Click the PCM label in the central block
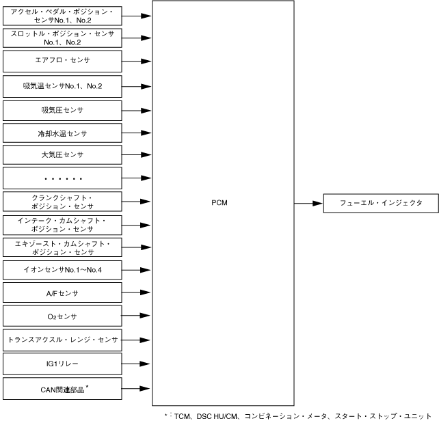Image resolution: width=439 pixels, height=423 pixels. (x=219, y=203)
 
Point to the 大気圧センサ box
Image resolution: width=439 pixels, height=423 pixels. (x=62, y=154)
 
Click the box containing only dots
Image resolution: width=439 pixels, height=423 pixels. (x=62, y=178)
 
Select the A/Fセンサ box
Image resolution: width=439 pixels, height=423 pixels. (x=62, y=293)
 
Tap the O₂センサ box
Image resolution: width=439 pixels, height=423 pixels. (x=62, y=316)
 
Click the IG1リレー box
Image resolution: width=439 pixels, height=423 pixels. (x=62, y=364)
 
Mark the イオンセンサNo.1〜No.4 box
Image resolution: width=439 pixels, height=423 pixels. (x=62, y=270)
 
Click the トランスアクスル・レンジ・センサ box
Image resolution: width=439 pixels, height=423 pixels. (x=62, y=340)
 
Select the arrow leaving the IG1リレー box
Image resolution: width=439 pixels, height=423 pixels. (x=137, y=364)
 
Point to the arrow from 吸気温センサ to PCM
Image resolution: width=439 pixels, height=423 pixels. (x=137, y=85)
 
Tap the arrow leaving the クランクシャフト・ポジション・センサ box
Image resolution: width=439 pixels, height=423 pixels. (x=137, y=202)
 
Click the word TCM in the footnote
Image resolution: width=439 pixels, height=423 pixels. (x=183, y=415)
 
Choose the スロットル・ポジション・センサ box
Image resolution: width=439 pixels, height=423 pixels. (x=62, y=37)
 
